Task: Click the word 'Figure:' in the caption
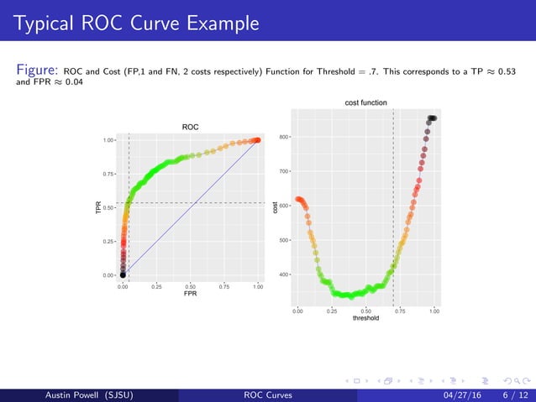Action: click(37, 70)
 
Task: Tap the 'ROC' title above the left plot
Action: click(190, 127)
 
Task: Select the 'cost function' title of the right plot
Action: click(366, 102)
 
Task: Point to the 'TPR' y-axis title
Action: click(98, 206)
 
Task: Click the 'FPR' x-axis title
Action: click(190, 295)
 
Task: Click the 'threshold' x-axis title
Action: click(365, 318)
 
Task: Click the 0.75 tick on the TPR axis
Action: click(109, 174)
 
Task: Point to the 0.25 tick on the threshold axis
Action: click(331, 311)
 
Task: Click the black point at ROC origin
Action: click(123, 274)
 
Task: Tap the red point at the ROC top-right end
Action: click(256, 140)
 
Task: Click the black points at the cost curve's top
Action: click(432, 118)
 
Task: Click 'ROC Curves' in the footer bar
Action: click(268, 394)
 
